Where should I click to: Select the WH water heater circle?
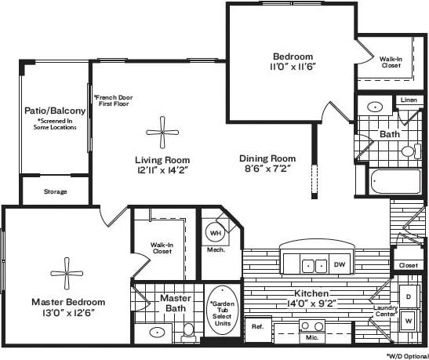pos(215,233)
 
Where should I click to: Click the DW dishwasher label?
pos(339,265)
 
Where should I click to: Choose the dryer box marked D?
pos(408,296)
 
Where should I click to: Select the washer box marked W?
pos(408,322)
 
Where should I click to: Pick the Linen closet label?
pos(408,100)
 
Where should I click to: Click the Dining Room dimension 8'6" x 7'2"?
pos(267,169)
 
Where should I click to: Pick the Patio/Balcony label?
pos(54,111)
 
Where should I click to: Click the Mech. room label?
pos(216,250)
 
